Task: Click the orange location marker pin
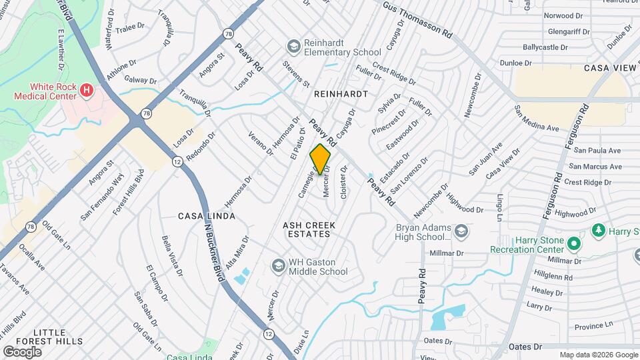[x=321, y=159]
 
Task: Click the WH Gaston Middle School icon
[x=277, y=266]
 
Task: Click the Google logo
[x=21, y=351]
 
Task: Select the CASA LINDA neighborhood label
[x=207, y=217]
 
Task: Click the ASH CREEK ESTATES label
[x=307, y=229]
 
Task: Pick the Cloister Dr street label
[x=344, y=182]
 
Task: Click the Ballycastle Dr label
[x=545, y=48]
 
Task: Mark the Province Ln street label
[x=593, y=326]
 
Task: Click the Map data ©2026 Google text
[x=598, y=355]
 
